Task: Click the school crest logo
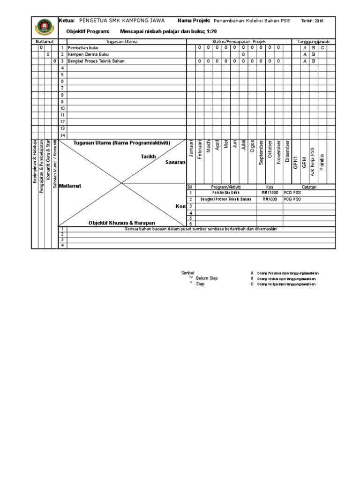point(44,28)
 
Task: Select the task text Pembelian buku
point(83,48)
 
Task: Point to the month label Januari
point(191,150)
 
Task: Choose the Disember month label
point(287,151)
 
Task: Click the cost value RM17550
point(270,193)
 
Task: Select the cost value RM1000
point(270,199)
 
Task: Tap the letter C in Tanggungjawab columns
point(322,48)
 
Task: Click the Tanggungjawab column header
point(314,42)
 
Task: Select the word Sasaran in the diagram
point(176,162)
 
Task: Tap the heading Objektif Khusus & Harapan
point(122,223)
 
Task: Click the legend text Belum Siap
point(207,278)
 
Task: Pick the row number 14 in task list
point(62,135)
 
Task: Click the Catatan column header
point(309,187)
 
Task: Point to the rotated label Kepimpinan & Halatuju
point(35,167)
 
